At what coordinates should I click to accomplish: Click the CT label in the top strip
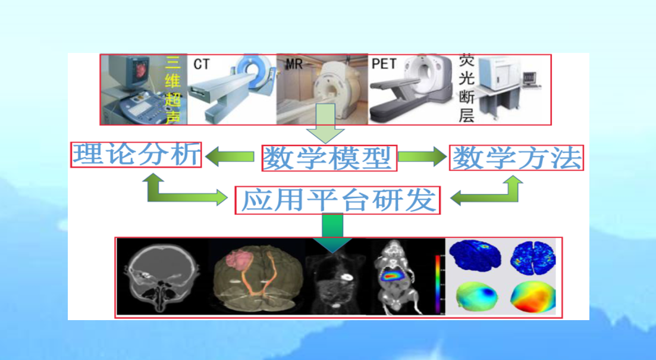(201, 64)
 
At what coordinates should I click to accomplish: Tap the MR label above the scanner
(294, 64)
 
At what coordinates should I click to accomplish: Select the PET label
(384, 64)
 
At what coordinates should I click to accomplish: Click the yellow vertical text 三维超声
(173, 89)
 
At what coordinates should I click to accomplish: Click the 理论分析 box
(136, 155)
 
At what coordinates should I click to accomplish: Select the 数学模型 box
(329, 158)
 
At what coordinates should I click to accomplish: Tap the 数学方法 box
(516, 158)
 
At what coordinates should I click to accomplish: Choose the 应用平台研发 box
(338, 200)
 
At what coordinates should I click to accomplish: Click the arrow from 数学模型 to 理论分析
(230, 156)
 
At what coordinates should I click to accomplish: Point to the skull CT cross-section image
(163, 277)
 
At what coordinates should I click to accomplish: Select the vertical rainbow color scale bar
(438, 284)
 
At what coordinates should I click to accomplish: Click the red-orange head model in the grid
(533, 296)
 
